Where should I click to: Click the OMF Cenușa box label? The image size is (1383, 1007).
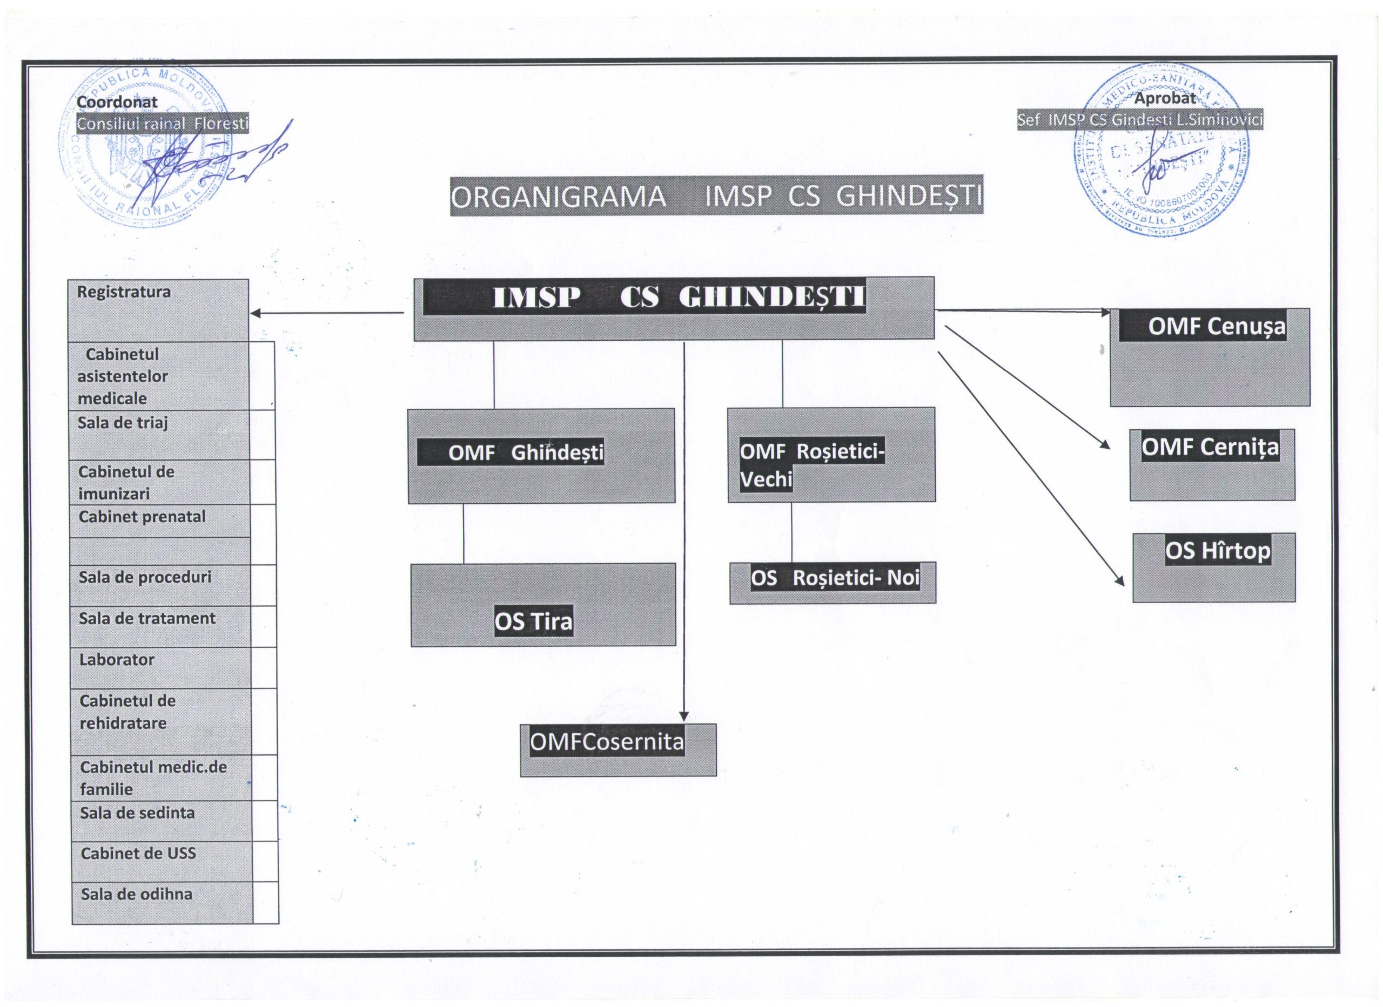click(x=1216, y=327)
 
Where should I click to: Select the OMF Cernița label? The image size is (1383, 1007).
click(x=1210, y=448)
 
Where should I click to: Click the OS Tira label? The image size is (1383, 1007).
click(x=534, y=622)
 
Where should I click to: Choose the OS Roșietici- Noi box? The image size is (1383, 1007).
click(x=835, y=578)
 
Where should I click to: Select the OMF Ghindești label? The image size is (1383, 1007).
click(x=526, y=453)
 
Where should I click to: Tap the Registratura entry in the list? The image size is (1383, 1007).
click(x=124, y=292)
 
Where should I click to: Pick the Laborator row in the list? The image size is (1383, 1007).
click(x=117, y=660)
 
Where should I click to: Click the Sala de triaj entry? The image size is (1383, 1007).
click(x=123, y=423)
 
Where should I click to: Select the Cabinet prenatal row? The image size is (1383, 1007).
click(x=142, y=517)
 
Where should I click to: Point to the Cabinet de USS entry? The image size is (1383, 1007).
click(x=138, y=854)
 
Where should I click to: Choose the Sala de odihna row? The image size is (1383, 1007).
click(x=137, y=894)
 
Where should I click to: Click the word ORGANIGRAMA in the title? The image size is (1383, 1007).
click(x=559, y=197)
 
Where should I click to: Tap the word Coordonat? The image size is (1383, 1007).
click(x=117, y=103)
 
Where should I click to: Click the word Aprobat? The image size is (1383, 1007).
click(x=1165, y=98)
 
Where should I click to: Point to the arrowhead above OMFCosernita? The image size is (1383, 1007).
click(x=684, y=716)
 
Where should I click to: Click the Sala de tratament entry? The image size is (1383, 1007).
click(x=147, y=619)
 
